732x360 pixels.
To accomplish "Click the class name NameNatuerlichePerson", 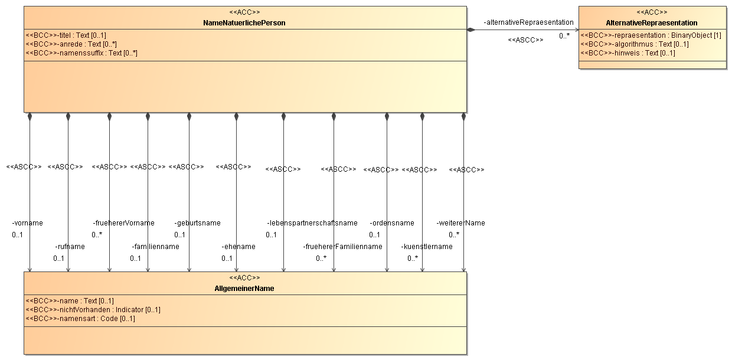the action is pyautogui.click(x=244, y=23).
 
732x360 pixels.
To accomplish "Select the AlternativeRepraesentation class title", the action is pyautogui.click(x=652, y=23).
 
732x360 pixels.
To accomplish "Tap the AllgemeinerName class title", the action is pyautogui.click(x=244, y=289).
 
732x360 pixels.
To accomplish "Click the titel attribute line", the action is pyautogui.click(x=66, y=35).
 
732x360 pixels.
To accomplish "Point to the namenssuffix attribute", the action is pyautogui.click(x=81, y=53).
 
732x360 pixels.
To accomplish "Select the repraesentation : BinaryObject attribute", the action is pyautogui.click(x=651, y=35).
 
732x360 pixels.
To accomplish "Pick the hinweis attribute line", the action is pyautogui.click(x=628, y=53).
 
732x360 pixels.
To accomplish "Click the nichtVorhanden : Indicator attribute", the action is pyautogui.click(x=93, y=310).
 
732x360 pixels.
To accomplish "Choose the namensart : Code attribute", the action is pyautogui.click(x=80, y=319).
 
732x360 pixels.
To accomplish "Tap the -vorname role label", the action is pyautogui.click(x=27, y=223).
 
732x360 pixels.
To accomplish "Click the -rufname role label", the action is pyautogui.click(x=70, y=247).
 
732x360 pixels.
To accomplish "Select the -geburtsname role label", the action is pyautogui.click(x=197, y=223).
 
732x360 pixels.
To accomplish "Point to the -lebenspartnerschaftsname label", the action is pyautogui.click(x=312, y=223).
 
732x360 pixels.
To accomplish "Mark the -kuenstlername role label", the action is pyautogui.click(x=427, y=247).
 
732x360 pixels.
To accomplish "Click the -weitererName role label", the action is pyautogui.click(x=461, y=223).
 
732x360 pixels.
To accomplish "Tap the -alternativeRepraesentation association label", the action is pyautogui.click(x=529, y=22).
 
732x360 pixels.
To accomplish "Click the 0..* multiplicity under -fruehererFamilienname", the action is pyautogui.click(x=321, y=258).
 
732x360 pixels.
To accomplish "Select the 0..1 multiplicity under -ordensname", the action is pyautogui.click(x=374, y=235).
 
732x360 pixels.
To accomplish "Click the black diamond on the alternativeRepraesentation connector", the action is pyautogui.click(x=471, y=30).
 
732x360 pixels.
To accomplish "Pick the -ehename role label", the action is pyautogui.click(x=238, y=247).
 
